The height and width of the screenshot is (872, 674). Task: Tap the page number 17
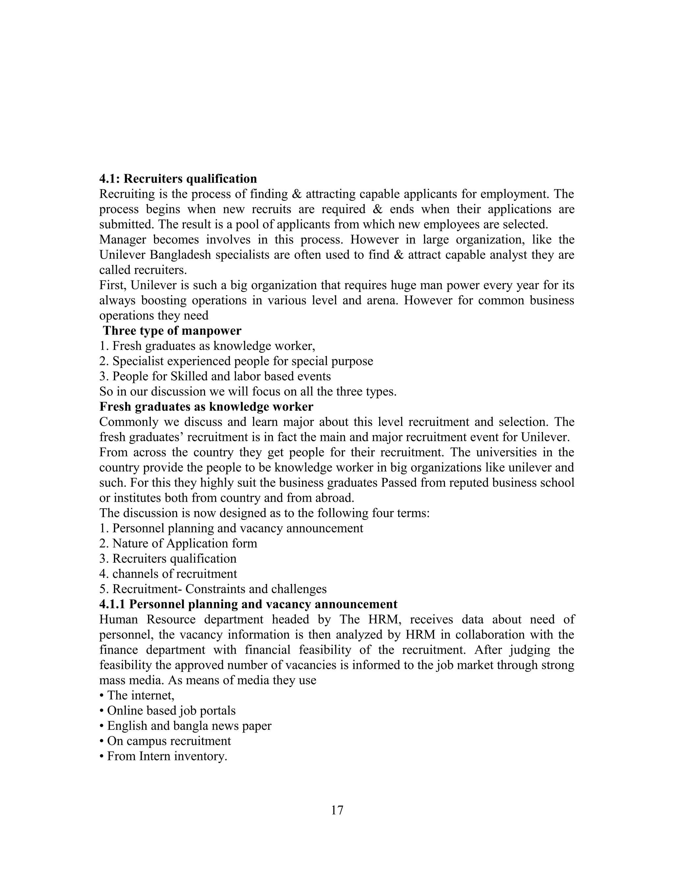click(337, 810)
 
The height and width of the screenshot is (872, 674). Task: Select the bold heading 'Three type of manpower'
click(172, 331)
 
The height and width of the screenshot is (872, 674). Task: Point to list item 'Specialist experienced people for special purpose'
click(236, 361)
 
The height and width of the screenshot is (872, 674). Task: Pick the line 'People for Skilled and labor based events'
click(215, 376)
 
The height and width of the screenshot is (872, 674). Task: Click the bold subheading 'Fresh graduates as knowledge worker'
click(206, 406)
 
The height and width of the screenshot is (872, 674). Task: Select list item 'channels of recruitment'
click(168, 574)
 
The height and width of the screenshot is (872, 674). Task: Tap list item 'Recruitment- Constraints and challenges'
click(213, 589)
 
